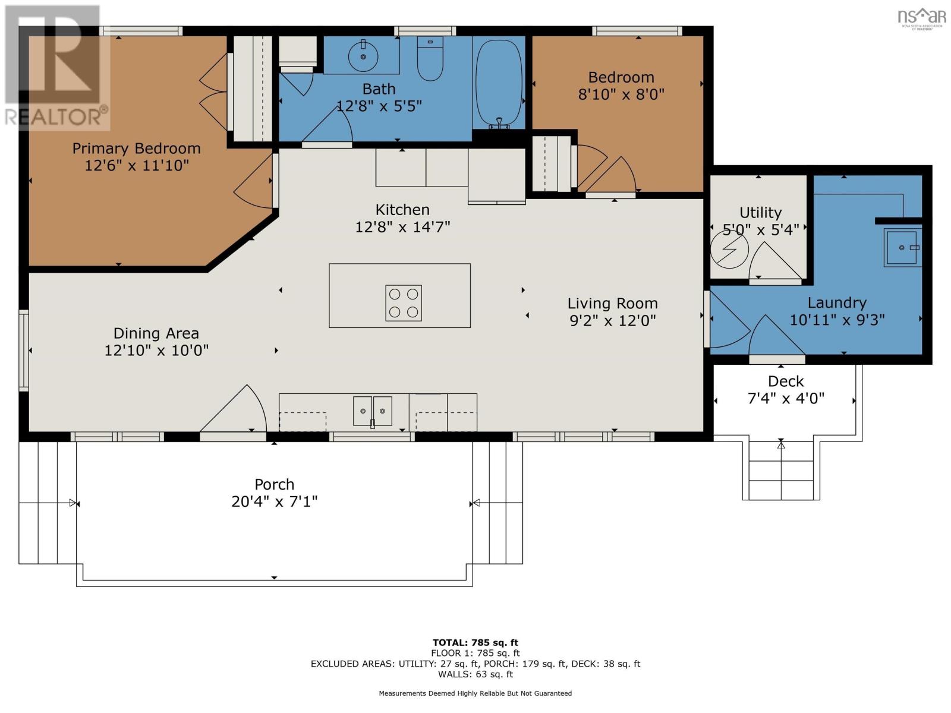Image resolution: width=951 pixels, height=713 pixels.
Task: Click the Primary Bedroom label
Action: tap(136, 149)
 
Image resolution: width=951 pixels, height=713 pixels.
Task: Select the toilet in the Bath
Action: tap(430, 59)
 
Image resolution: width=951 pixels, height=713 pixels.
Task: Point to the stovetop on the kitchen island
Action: tap(404, 303)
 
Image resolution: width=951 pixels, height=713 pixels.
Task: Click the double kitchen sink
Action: tap(373, 411)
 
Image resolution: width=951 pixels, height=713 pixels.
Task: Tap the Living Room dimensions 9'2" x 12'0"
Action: tap(612, 321)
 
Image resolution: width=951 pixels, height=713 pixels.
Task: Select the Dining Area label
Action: tap(156, 333)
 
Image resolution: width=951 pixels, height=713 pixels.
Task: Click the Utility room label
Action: tap(760, 213)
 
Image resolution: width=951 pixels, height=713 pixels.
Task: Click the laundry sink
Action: tap(902, 247)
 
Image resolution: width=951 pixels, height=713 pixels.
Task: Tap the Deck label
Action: tap(785, 381)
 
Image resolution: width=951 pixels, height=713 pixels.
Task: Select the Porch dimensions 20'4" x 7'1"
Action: tap(274, 501)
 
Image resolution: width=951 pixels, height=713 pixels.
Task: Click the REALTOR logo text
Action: tap(56, 116)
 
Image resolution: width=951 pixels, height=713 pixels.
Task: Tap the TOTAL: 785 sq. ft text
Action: tap(475, 642)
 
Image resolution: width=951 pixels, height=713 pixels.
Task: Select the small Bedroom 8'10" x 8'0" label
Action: tap(621, 78)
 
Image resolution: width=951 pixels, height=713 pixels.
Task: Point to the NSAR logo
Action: tap(921, 16)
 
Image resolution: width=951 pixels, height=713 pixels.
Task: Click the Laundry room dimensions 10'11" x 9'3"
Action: tap(836, 320)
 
